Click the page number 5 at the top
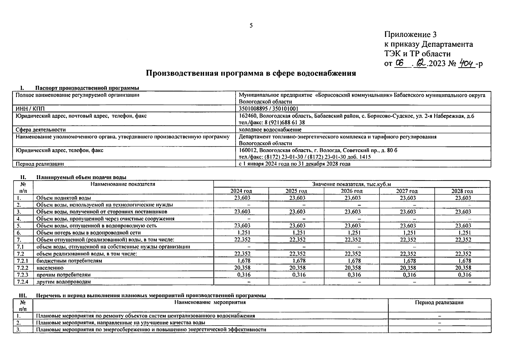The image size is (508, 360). (251, 25)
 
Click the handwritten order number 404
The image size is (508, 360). (467, 64)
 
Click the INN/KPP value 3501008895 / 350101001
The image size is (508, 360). (269, 109)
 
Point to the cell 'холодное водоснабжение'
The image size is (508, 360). (270, 130)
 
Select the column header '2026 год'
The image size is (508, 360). (352, 191)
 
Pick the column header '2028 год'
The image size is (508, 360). (462, 191)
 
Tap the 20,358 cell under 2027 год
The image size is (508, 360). (408, 268)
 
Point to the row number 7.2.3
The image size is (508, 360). (23, 275)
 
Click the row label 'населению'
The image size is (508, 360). (50, 268)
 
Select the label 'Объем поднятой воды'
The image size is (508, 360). (64, 198)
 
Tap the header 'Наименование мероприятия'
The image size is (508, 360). (210, 302)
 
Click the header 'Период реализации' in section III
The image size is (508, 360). (439, 302)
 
